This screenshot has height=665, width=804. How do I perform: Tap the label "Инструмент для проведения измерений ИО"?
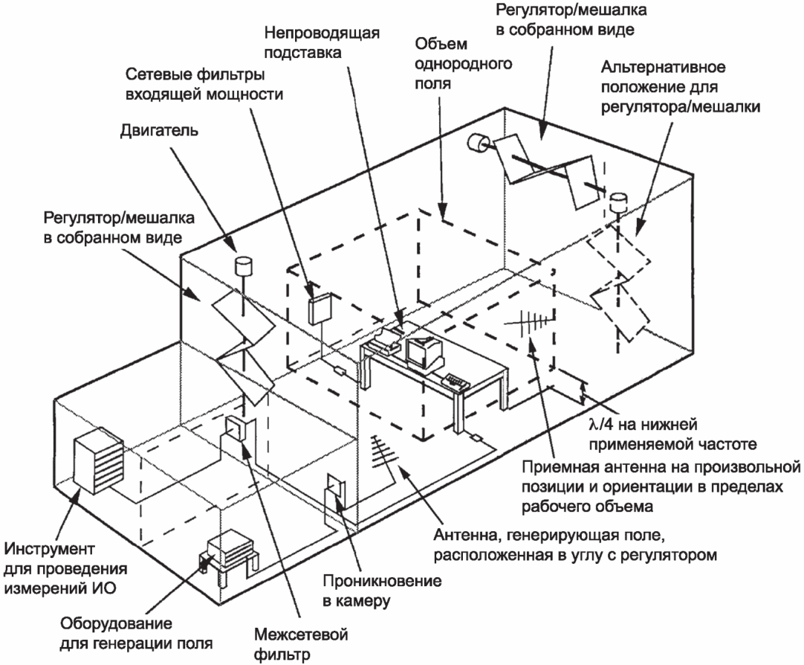tap(65, 569)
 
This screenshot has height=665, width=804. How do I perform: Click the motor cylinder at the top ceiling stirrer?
tap(476, 143)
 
